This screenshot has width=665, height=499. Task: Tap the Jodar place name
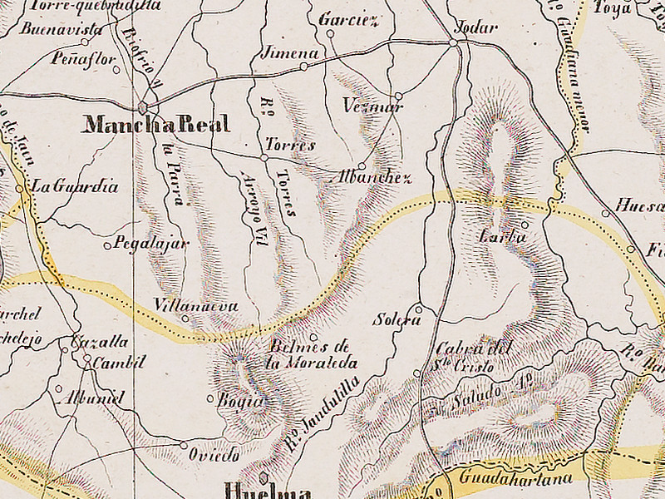point(477,27)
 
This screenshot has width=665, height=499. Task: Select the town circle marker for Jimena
point(304,66)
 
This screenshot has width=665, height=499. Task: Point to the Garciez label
point(348,18)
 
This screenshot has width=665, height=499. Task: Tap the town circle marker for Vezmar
point(398,95)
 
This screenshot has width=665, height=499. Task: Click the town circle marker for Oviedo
point(184,445)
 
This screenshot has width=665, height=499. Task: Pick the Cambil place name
point(119,362)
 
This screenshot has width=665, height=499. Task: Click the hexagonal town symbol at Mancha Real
point(143,107)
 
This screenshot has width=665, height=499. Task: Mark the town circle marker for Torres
point(264,156)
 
